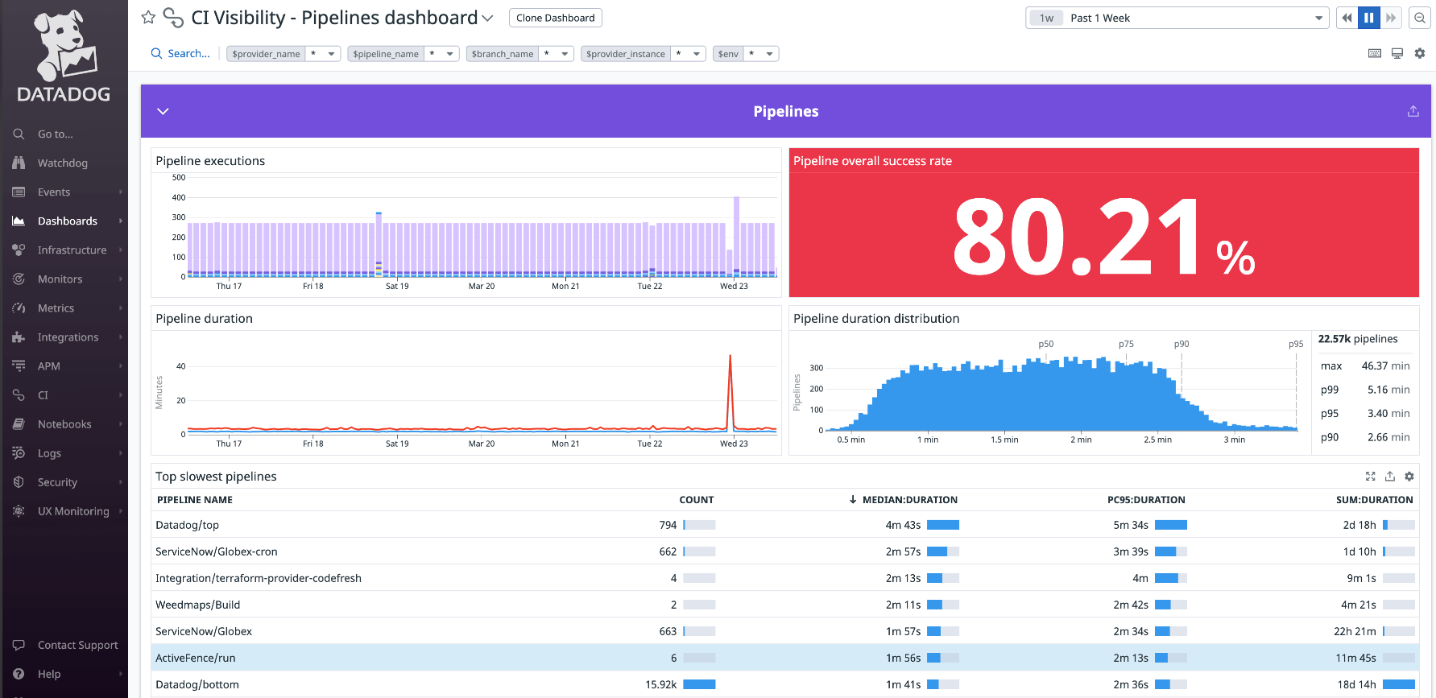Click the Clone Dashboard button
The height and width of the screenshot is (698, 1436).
tap(555, 18)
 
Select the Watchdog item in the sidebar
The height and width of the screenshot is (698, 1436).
tap(62, 163)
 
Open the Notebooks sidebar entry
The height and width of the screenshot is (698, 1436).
tap(64, 424)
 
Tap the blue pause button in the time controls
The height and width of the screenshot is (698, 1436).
tap(1368, 18)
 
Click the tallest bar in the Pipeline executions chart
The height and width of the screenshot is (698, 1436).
tap(736, 233)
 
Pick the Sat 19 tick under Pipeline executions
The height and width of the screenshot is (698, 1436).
tap(397, 286)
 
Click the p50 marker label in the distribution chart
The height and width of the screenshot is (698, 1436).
tap(1045, 344)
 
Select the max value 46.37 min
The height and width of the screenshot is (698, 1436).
tap(1384, 366)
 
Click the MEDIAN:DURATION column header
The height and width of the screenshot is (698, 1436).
tap(909, 500)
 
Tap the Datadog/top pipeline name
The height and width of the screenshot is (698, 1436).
tap(187, 525)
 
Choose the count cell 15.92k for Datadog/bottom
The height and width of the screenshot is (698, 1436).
tap(660, 684)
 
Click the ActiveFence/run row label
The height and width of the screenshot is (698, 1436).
tap(195, 658)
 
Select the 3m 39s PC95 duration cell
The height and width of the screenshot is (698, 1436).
tap(1130, 551)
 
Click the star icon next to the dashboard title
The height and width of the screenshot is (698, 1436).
tap(148, 18)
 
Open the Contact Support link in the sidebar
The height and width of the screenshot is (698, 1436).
tap(77, 645)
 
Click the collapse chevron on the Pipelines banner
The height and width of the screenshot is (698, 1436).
tap(163, 111)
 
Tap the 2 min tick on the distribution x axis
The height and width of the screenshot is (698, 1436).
tap(1081, 440)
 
